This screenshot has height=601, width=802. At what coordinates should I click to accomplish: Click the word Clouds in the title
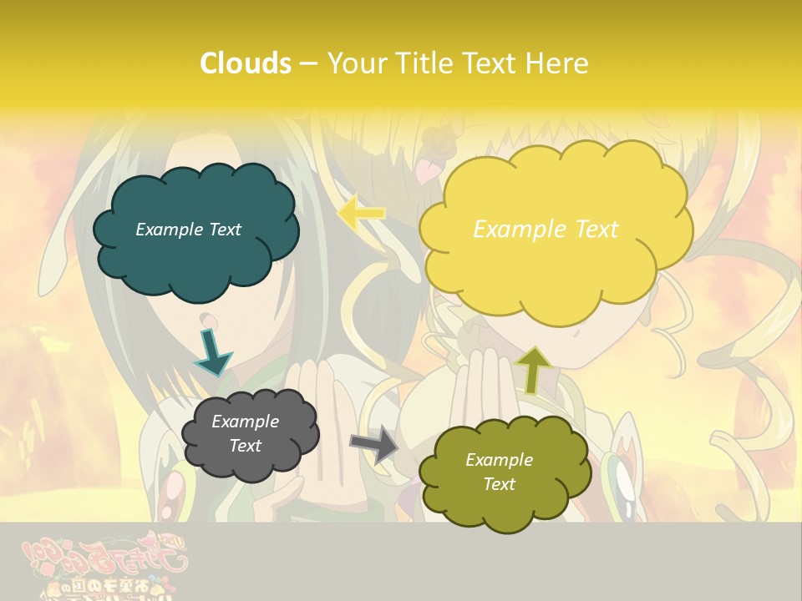(246, 63)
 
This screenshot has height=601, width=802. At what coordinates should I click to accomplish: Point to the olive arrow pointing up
(534, 370)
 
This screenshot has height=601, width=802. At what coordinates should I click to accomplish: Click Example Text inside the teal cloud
(188, 230)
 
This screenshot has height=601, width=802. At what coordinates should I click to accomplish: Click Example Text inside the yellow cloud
(546, 229)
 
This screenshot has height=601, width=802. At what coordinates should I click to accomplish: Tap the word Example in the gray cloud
(245, 422)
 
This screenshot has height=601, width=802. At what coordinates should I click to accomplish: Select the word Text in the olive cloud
(499, 484)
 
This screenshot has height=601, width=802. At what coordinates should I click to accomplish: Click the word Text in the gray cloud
(245, 446)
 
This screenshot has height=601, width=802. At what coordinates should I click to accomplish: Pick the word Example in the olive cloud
(499, 460)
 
